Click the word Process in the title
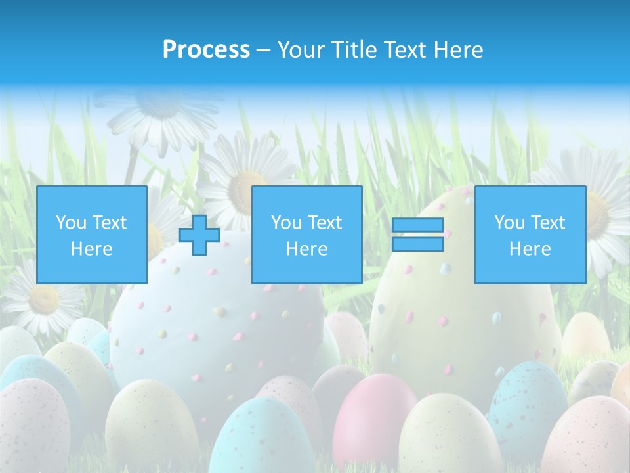tap(206, 50)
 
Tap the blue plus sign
tap(199, 235)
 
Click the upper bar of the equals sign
tap(417, 225)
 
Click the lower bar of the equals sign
tap(417, 244)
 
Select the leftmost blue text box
tap(91, 235)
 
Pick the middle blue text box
tap(306, 235)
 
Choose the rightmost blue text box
tap(530, 235)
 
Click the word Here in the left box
tap(91, 249)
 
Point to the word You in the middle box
tap(286, 223)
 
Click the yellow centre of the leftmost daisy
tap(43, 300)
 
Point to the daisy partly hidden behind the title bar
tap(157, 112)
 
